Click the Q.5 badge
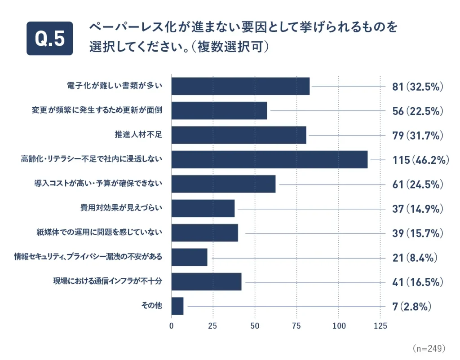tap(49, 39)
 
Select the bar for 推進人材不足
tap(239, 135)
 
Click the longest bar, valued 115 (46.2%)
tap(270, 160)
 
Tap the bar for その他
tap(177, 306)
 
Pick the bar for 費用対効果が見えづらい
tap(203, 209)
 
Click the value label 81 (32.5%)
tap(418, 87)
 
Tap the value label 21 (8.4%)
tap(415, 258)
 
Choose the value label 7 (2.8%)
tap(412, 307)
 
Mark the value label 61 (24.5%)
tap(418, 184)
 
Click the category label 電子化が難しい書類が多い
tap(115, 87)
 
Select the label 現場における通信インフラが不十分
tap(107, 282)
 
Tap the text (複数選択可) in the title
tap(233, 47)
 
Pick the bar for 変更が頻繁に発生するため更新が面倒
tap(219, 111)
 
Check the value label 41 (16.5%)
tap(418, 282)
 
